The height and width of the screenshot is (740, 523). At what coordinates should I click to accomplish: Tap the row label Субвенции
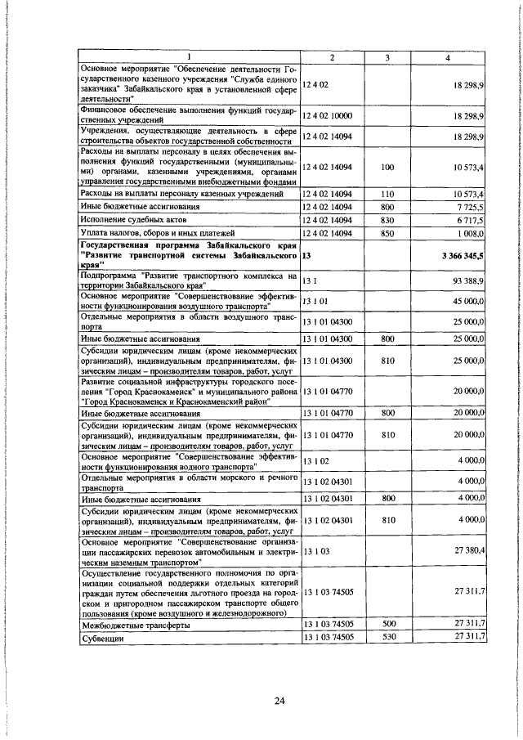(103, 638)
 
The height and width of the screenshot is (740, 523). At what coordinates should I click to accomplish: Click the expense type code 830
(388, 221)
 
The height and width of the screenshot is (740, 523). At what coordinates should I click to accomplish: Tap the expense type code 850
(388, 234)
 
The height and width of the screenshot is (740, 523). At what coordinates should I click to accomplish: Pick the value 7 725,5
(472, 208)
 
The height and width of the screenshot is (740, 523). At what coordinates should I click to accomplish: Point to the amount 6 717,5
(472, 221)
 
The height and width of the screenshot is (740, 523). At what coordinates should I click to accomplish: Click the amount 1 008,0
(472, 234)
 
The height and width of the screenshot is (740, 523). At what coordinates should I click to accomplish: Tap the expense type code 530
(388, 638)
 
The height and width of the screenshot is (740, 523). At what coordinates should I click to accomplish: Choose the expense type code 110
(388, 194)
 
